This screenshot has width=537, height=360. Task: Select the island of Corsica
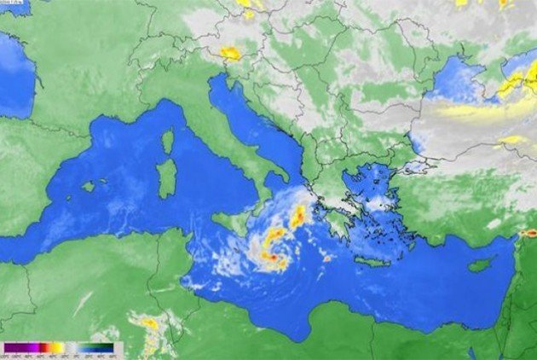tap(168, 140)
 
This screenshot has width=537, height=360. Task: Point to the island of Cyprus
tap(482, 264)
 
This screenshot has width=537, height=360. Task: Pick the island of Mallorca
tap(88, 185)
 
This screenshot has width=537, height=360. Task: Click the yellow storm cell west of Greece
tap(297, 217)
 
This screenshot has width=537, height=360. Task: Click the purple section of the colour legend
tap(17, 348)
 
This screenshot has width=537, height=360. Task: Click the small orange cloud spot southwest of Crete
tap(327, 257)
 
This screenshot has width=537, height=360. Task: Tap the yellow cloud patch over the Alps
tap(230, 53)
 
